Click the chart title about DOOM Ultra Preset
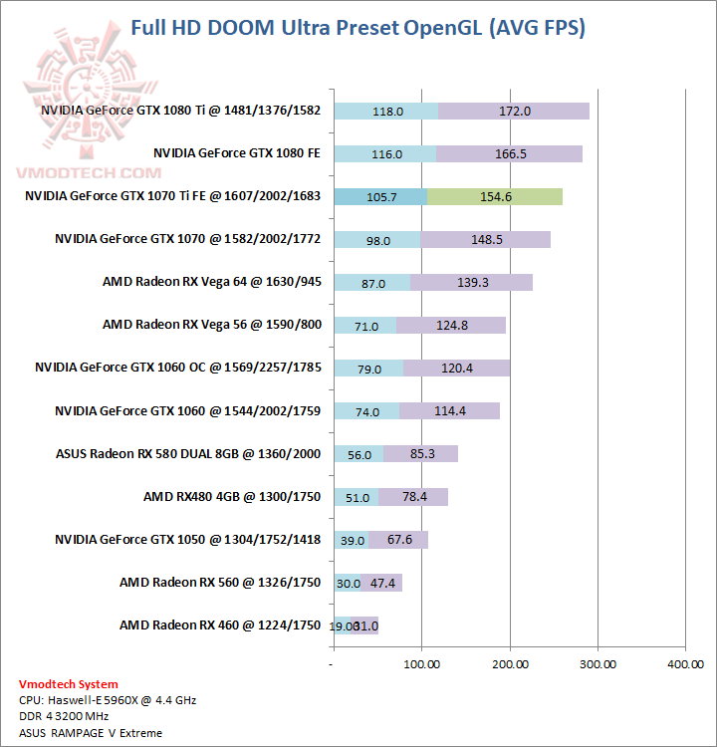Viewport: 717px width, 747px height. point(358,28)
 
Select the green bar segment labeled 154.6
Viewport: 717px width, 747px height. point(495,197)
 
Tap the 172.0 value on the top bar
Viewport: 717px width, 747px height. point(514,112)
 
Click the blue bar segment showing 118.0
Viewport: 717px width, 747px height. point(387,112)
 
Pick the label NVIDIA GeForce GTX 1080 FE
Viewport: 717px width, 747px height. point(237,153)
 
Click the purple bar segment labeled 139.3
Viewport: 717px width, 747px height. point(471,283)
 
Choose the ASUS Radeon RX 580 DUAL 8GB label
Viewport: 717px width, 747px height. point(188,453)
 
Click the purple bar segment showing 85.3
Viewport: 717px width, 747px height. point(421,454)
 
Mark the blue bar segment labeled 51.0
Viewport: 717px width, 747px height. point(357,497)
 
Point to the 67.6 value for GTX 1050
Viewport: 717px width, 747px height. point(398,540)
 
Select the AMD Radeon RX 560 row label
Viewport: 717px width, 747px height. point(220,582)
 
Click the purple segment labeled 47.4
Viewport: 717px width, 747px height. point(381,583)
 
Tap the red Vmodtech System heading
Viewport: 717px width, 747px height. point(68,684)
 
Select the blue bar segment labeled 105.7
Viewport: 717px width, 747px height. point(381,197)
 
